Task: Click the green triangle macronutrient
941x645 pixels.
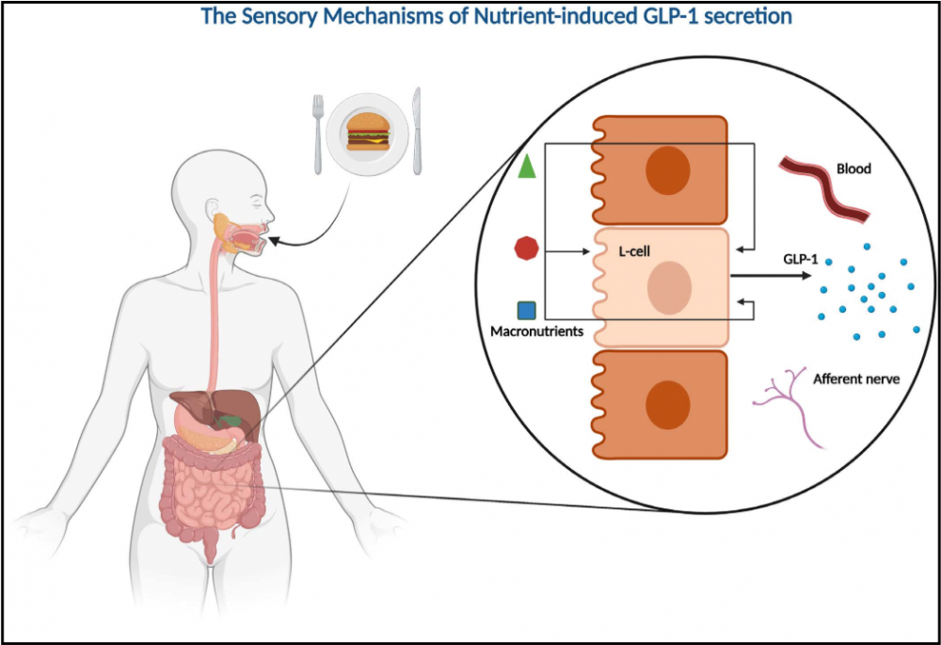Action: pos(528,167)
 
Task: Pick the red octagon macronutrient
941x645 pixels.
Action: pos(527,250)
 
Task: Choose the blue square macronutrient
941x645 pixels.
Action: pos(527,310)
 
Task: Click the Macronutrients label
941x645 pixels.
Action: pos(535,331)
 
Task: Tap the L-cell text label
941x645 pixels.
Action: pos(634,252)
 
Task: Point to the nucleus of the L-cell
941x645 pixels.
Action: pos(668,288)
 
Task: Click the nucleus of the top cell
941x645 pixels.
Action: pos(667,171)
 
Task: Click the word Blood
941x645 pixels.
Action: pos(853,169)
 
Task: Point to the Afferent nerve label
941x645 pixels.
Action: pos(856,379)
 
